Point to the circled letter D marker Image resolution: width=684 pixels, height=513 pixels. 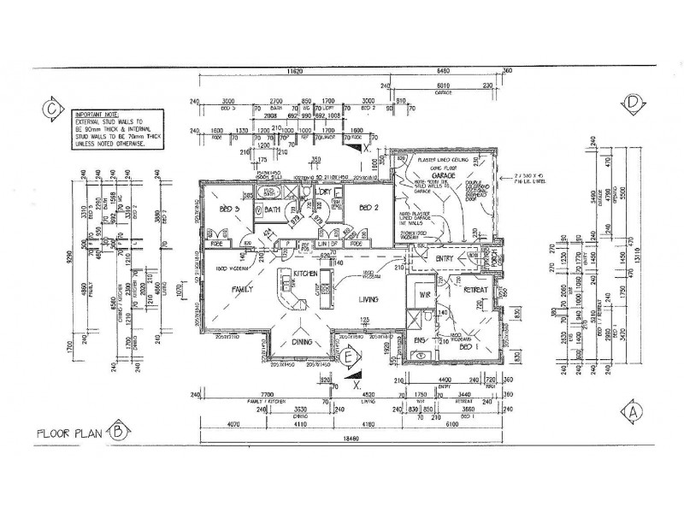[x=633, y=103]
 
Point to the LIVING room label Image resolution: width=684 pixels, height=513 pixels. [x=370, y=299]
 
